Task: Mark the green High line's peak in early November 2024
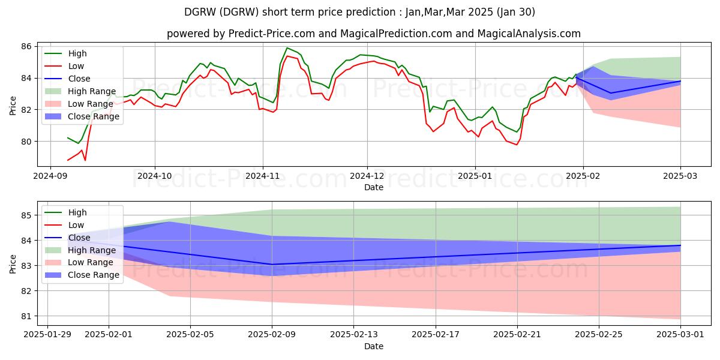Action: [287, 48]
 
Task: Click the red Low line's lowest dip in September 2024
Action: [85, 160]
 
